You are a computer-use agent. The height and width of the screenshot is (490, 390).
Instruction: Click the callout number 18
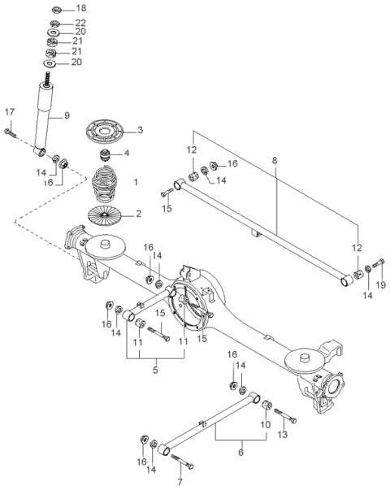tap(81, 8)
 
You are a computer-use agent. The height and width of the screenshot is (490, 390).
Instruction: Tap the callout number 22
tap(80, 23)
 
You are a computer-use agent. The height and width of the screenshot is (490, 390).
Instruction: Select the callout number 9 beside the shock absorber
tap(67, 115)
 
